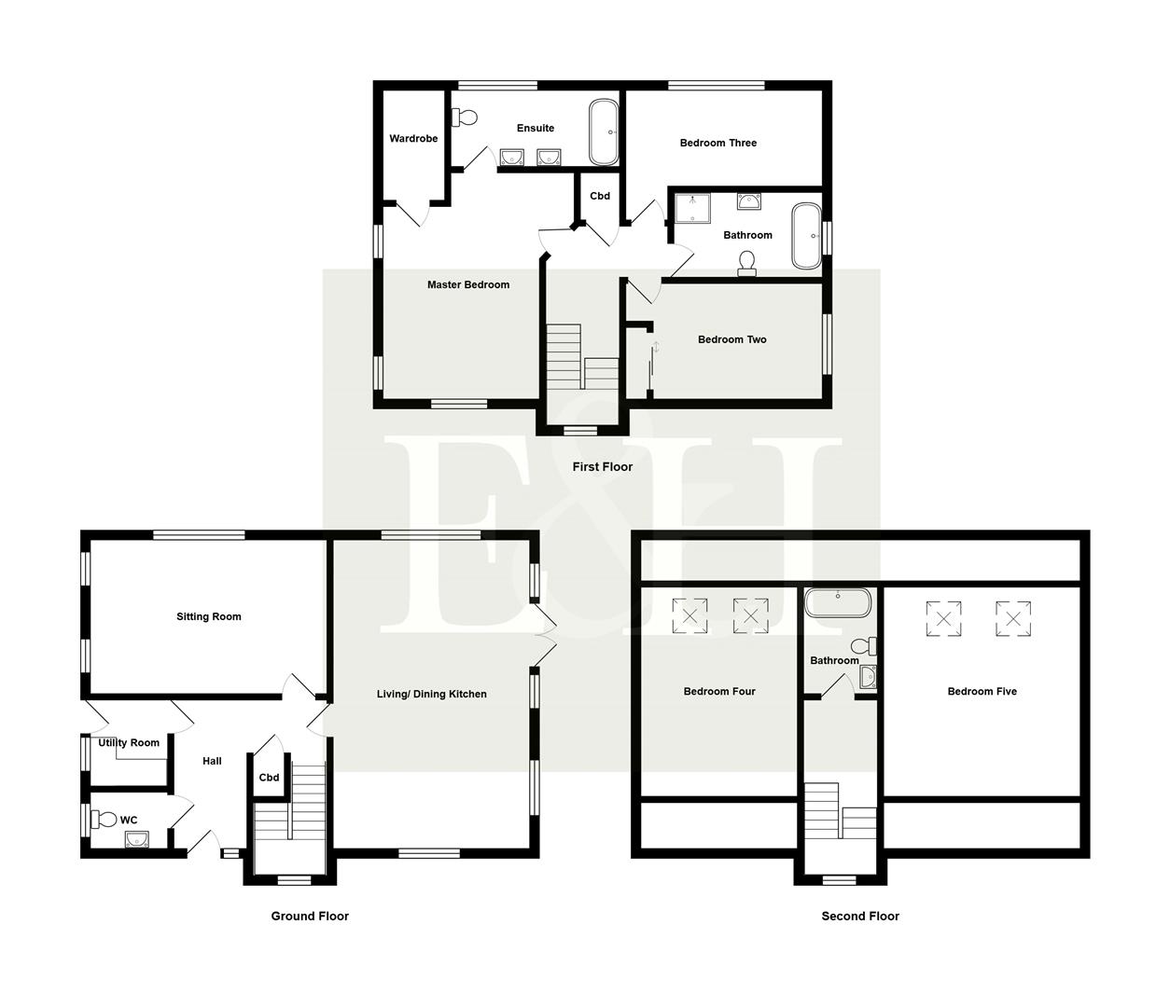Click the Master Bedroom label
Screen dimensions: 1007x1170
467,284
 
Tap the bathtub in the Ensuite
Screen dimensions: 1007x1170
603,132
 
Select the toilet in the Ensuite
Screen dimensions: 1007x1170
466,117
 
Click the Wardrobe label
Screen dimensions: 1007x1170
413,139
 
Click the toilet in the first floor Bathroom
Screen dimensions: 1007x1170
746,264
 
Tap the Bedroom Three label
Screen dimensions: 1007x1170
717,143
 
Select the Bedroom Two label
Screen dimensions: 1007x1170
731,339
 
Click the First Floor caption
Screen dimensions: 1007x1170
602,467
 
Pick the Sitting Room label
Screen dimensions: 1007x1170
209,616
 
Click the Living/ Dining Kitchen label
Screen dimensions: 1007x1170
431,694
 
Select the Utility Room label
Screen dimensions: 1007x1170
129,743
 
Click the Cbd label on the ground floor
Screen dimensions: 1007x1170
269,778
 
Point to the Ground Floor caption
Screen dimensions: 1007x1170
310,917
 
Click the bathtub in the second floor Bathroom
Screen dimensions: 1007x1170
838,601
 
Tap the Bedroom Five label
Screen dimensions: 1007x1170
982,691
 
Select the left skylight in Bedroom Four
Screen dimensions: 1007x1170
690,615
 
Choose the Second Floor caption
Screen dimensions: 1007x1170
859,917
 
